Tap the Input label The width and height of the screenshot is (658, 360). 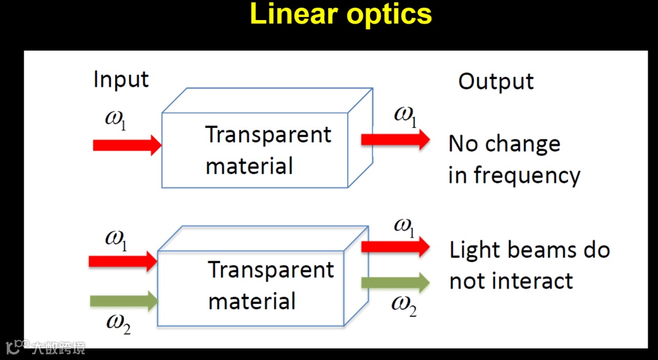[121, 80]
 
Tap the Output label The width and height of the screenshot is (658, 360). [496, 82]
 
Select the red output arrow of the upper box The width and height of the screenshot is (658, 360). [395, 139]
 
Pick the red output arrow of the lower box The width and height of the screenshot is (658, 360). [395, 247]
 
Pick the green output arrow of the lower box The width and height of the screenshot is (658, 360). [395, 282]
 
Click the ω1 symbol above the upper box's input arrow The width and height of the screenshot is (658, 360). [116, 118]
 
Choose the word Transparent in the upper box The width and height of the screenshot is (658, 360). [268, 135]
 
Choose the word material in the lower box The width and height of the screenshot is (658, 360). [252, 302]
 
